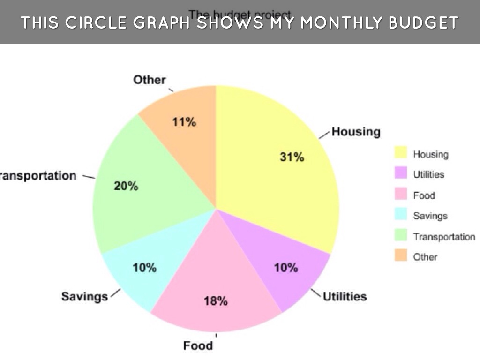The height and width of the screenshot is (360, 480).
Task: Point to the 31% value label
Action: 292,157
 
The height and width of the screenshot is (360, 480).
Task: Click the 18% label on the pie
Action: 216,301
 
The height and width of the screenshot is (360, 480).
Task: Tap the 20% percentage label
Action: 126,186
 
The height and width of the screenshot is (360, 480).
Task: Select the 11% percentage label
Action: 184,122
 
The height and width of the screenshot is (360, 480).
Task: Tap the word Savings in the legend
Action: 430,216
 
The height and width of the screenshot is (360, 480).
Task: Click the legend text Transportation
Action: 444,236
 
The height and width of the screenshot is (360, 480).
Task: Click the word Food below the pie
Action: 198,346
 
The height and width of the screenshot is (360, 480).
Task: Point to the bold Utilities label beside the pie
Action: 345,296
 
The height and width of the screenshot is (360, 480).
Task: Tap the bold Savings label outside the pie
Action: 84,296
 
